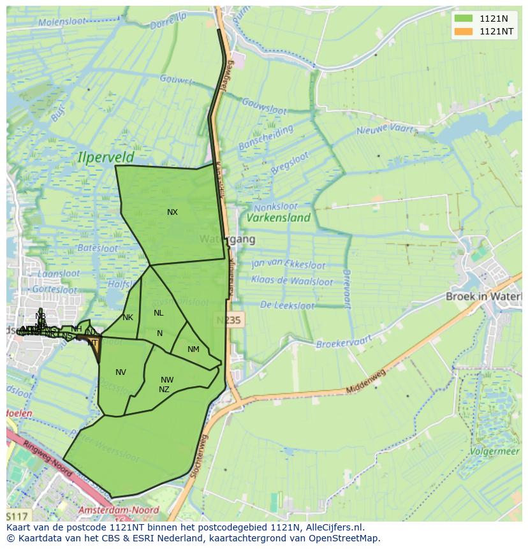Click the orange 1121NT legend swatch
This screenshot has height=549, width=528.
point(464,31)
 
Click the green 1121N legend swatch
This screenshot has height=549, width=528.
point(464,18)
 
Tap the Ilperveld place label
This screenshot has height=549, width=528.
point(106,156)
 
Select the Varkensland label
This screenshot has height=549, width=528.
point(279,217)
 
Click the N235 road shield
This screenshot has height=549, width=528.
point(228,320)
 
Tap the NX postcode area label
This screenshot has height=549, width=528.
point(172,212)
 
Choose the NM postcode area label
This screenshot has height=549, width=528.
point(193,349)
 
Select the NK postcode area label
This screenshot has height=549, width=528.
point(128,318)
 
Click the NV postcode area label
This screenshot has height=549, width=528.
point(121,372)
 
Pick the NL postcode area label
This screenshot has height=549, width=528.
point(158,313)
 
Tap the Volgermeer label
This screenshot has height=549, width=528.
point(495,451)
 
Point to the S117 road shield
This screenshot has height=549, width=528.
point(17,515)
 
